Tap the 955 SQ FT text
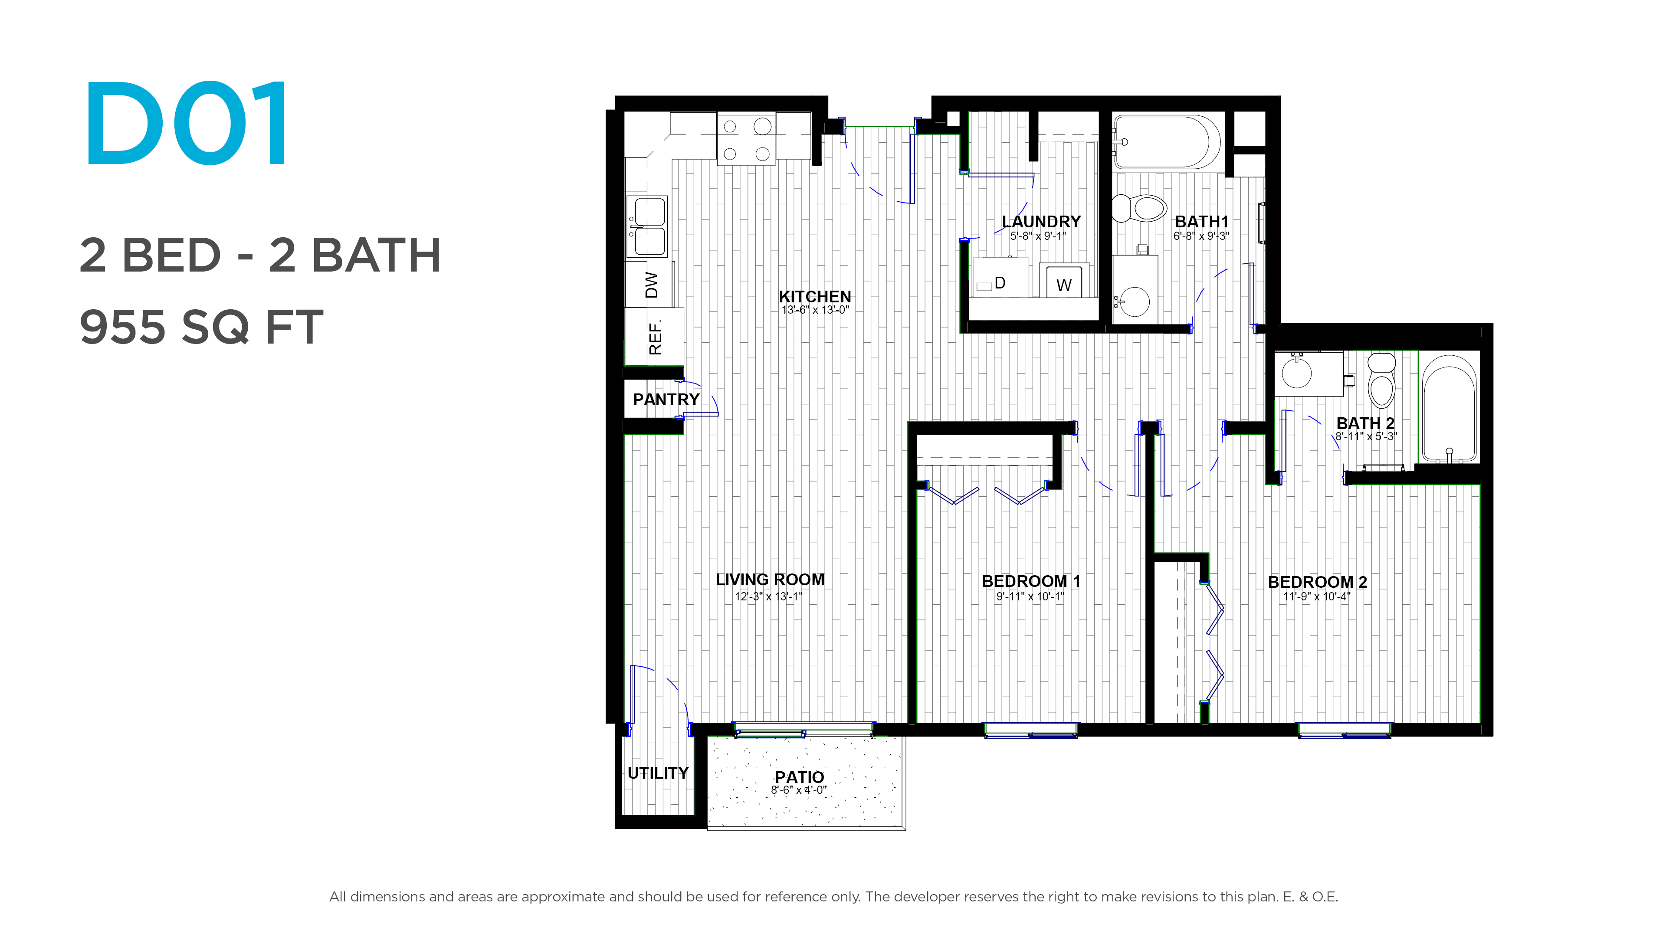point(201,327)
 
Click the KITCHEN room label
point(814,296)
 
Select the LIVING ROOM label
point(770,580)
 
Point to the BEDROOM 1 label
point(1031,581)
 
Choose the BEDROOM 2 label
point(1318,582)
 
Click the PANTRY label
point(666,400)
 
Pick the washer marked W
point(1064,281)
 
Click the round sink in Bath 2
point(1297,373)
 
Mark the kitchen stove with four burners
point(746,139)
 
